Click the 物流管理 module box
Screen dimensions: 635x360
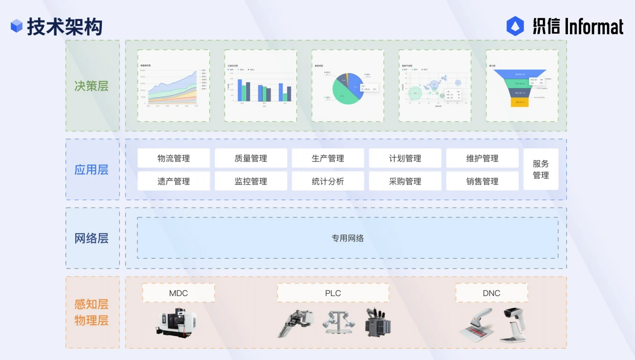click(173, 159)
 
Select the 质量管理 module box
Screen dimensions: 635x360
click(251, 159)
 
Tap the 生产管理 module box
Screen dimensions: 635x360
click(328, 159)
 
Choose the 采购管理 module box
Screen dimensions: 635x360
click(405, 181)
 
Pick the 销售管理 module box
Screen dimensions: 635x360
click(482, 181)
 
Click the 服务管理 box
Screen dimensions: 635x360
click(541, 169)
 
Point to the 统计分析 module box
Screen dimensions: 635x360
click(328, 181)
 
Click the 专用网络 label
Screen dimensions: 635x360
click(347, 238)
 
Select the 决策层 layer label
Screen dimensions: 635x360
click(92, 86)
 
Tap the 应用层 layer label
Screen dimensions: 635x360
click(92, 170)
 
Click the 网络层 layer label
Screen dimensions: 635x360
click(92, 238)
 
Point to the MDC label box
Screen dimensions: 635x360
click(179, 293)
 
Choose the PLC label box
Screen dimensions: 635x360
click(333, 293)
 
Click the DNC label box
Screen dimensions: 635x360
click(491, 293)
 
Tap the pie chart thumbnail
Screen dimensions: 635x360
click(348, 86)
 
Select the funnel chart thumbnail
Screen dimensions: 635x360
click(522, 86)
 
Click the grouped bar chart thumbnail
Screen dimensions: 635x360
click(260, 86)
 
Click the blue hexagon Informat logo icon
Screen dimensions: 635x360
click(515, 26)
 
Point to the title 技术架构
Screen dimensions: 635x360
click(64, 27)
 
